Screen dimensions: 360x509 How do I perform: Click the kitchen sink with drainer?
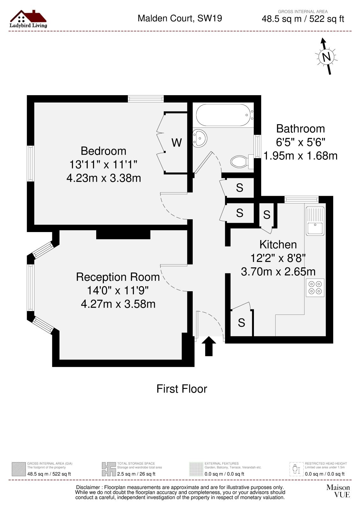[x=315, y=221]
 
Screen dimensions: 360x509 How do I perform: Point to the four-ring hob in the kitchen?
[x=315, y=287]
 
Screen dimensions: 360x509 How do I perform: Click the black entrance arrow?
[x=209, y=346]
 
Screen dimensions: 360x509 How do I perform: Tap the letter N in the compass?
[x=327, y=57]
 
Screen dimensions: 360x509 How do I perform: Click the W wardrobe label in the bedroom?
[x=176, y=143]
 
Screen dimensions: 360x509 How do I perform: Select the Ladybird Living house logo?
[x=28, y=19]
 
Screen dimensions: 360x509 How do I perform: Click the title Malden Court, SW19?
[x=180, y=18]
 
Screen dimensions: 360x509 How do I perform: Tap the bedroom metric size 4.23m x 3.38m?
[x=104, y=178]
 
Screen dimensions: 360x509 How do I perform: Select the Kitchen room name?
[x=278, y=244]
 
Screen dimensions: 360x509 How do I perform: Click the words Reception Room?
[x=118, y=277]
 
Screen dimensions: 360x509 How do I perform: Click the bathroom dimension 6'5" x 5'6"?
[x=300, y=142]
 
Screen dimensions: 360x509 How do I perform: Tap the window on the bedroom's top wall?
[x=146, y=99]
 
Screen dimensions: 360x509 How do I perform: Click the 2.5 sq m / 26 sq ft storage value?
[x=136, y=474]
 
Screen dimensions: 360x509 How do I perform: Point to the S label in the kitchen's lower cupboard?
[x=241, y=323]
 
